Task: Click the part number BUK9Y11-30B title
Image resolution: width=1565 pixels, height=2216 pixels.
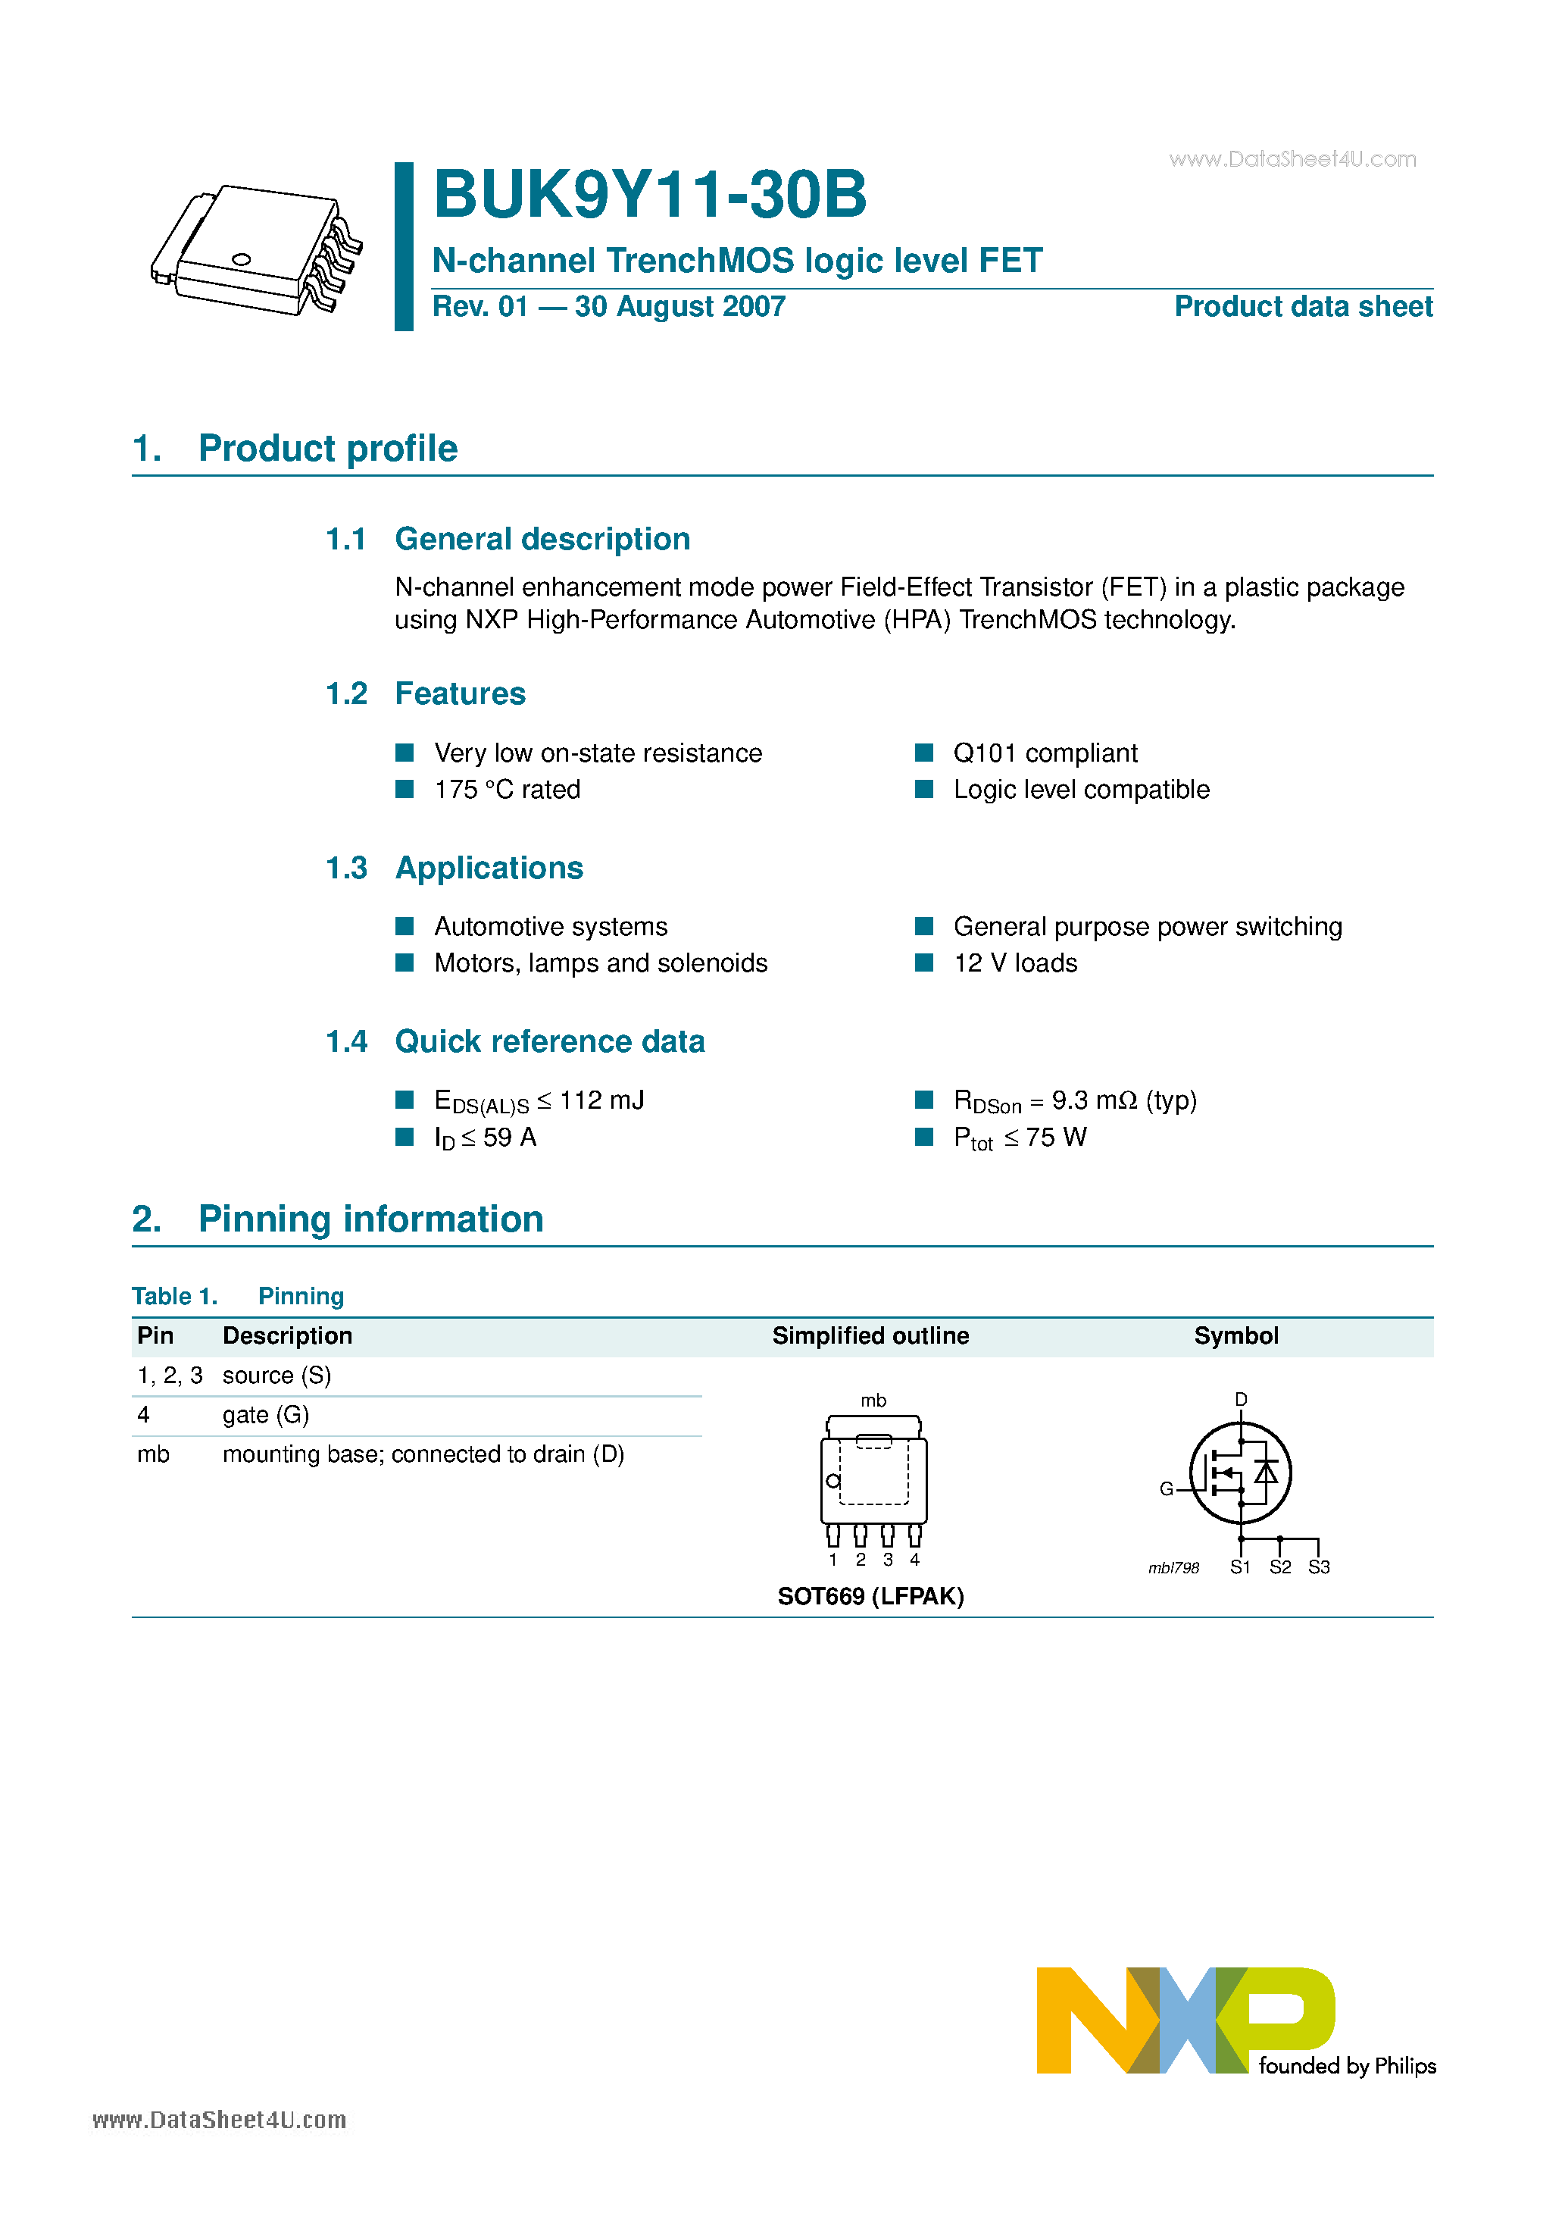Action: click(649, 195)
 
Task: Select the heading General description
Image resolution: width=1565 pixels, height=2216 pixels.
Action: click(542, 539)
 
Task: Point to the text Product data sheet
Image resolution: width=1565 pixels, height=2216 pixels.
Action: click(1303, 307)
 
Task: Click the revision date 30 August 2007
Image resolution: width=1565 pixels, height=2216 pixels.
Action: click(679, 307)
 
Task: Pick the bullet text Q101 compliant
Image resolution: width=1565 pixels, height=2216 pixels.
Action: click(1045, 753)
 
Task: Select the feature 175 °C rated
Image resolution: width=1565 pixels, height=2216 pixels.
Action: click(507, 790)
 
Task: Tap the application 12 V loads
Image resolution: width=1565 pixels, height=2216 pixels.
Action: click(1015, 963)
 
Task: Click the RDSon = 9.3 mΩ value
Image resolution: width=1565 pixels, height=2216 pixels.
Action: click(1074, 1101)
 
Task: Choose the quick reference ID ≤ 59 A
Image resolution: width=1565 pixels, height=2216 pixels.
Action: click(486, 1138)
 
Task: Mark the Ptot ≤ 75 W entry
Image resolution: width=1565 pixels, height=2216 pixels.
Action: click(1020, 1138)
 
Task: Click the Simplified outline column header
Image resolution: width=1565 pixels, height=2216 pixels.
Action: click(870, 1336)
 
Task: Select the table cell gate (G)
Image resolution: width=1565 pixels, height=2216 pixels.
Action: click(265, 1415)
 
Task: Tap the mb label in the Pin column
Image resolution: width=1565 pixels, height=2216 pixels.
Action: click(152, 1454)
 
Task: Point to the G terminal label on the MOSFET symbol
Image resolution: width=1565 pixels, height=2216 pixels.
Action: click(1166, 1489)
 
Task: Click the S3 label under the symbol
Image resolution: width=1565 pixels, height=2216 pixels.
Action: click(1318, 1567)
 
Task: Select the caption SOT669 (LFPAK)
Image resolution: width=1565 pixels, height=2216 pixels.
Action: click(870, 1596)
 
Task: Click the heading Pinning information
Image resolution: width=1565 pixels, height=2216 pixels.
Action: click(370, 1219)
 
